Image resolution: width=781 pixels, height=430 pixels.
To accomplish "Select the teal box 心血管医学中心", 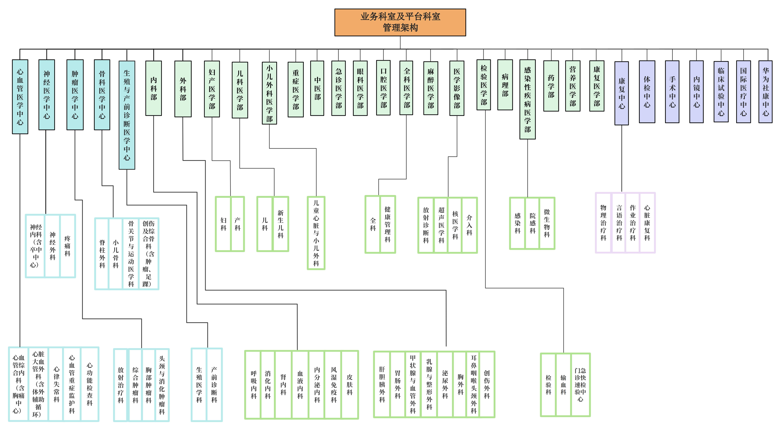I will (20, 96).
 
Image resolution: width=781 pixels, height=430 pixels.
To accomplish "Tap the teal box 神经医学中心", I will (47, 95).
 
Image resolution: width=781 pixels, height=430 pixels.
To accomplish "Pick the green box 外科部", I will (183, 89).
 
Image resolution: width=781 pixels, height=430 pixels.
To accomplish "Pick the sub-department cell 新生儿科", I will (280, 224).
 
